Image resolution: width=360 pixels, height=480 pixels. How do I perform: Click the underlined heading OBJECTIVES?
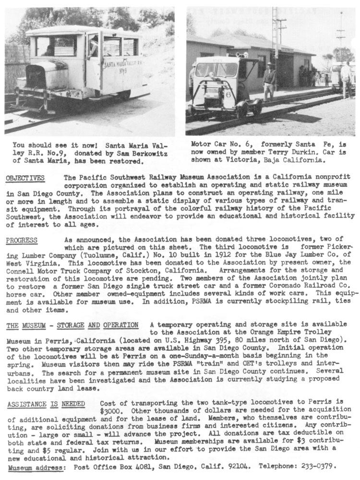point(25,178)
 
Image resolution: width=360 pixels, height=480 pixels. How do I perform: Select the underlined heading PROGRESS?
point(22,240)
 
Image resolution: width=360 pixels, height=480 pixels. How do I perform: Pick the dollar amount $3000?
point(110,412)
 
